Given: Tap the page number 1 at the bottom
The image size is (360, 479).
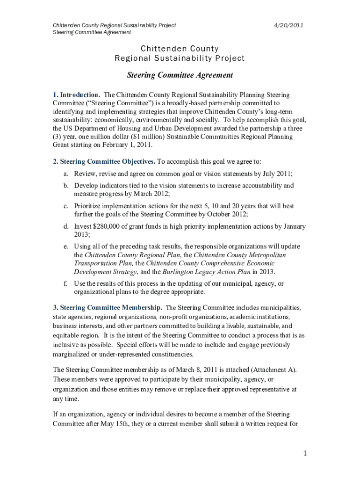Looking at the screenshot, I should click(304, 453).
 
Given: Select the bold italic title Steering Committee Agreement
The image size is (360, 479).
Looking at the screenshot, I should click(180, 75).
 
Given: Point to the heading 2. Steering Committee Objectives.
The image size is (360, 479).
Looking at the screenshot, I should click(104, 162).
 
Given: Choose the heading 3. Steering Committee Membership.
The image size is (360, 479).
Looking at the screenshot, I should click(108, 308).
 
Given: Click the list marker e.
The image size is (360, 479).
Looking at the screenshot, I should click(66, 247).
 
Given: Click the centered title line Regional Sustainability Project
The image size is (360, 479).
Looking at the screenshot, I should click(180, 58).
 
